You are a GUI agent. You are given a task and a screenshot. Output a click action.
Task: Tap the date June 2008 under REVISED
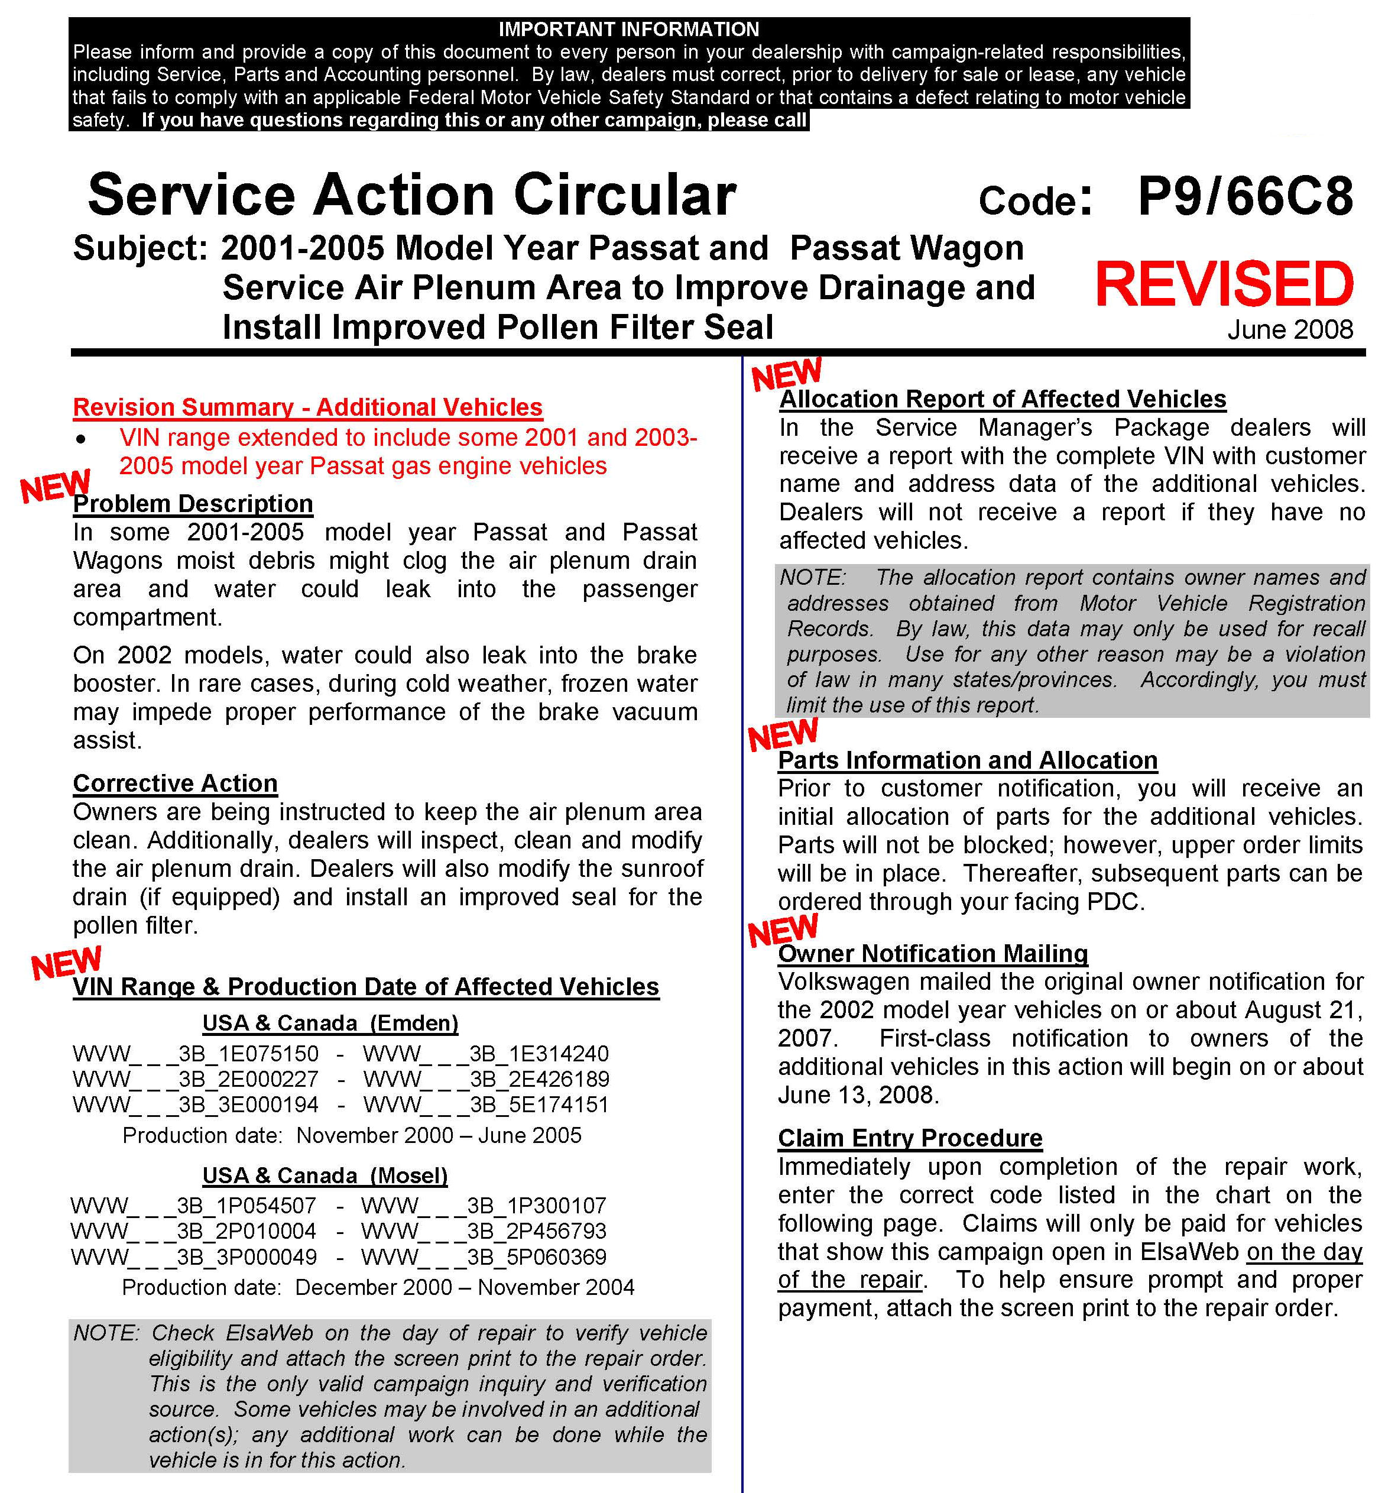coord(1290,330)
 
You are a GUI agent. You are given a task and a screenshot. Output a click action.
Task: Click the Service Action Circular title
coord(411,195)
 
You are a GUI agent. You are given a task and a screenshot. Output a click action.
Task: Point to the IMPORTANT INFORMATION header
coord(629,29)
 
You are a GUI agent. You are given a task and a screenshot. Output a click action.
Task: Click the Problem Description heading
coord(193,504)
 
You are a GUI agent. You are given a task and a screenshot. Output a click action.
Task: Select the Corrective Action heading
coord(176,783)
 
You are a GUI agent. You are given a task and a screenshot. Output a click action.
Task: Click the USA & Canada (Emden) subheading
coord(330,1023)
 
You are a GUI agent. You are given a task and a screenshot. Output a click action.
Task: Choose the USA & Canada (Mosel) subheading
coord(325,1175)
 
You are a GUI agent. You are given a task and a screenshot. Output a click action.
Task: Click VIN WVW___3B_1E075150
coord(196,1054)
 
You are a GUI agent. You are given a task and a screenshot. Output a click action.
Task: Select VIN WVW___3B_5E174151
coord(486,1105)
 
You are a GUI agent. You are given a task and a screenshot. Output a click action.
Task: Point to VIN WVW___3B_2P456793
coord(484,1232)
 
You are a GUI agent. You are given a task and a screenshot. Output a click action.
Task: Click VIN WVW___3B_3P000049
coord(194,1257)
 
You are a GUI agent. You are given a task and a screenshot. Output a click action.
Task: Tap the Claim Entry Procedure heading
coord(910,1138)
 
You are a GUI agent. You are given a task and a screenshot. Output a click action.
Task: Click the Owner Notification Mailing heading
coord(932,953)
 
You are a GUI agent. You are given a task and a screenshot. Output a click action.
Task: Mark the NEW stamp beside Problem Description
coord(55,487)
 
